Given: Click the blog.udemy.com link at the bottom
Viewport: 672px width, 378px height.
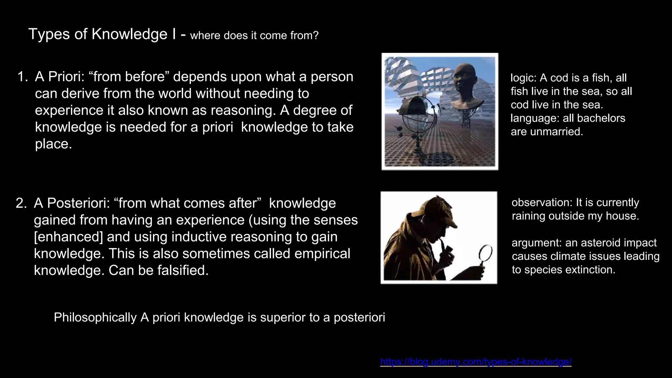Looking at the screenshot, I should click(x=475, y=362).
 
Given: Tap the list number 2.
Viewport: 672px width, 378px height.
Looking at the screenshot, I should click(x=21, y=203).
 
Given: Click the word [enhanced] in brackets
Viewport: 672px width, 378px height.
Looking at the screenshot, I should click(x=69, y=237).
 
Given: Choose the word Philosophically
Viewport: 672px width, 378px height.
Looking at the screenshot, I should click(x=95, y=317).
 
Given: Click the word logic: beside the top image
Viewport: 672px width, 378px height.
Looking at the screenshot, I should click(x=524, y=78).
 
